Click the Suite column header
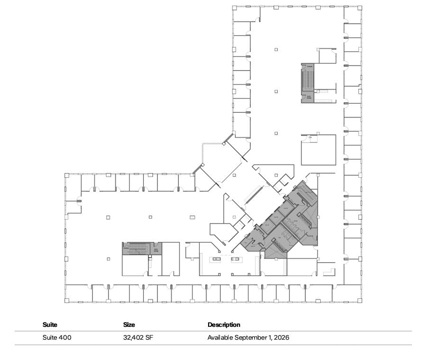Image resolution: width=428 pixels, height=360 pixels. (50, 325)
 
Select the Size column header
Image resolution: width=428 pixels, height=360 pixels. (129, 325)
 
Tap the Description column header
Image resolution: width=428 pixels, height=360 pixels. (224, 325)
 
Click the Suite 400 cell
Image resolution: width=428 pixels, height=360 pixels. (57, 338)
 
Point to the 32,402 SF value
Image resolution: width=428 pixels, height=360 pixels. (137, 338)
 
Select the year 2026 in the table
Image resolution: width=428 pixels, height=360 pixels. (281, 338)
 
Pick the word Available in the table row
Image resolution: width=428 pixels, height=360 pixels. (219, 338)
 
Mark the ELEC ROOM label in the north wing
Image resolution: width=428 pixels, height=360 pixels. (309, 98)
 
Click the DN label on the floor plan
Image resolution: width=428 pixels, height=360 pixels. (310, 137)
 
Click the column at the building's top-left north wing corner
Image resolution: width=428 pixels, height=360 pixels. (234, 8)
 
